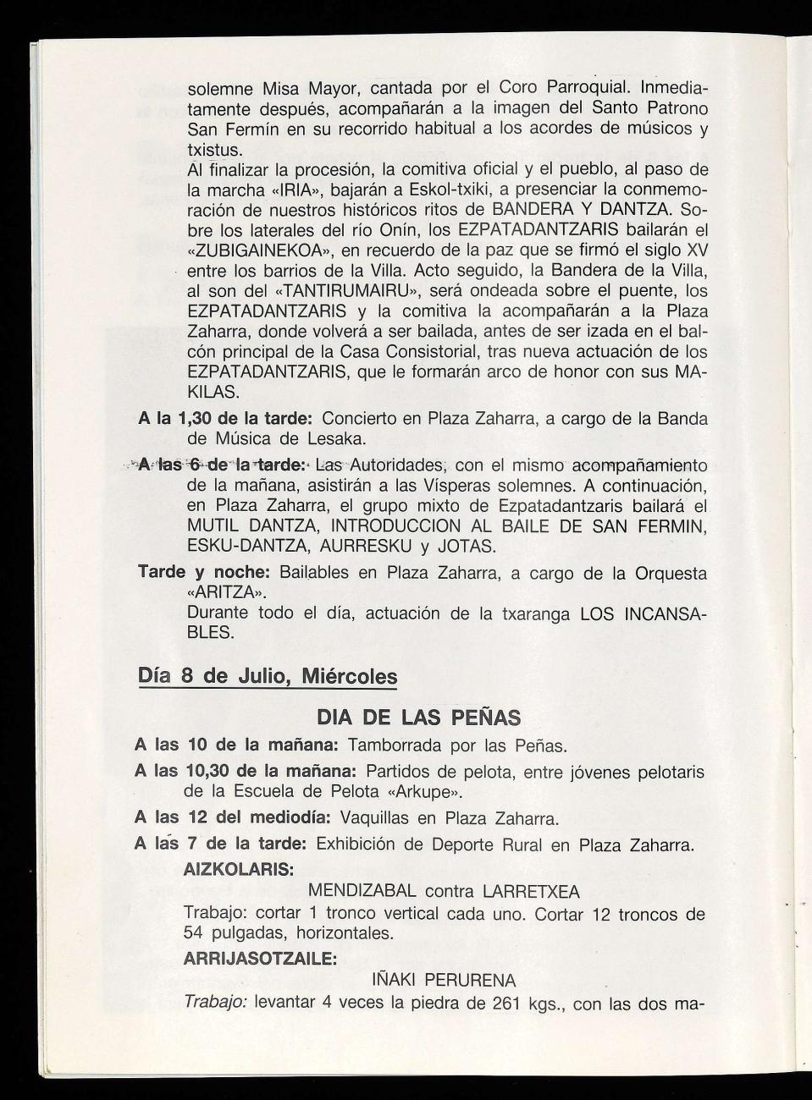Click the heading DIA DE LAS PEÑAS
(418, 718)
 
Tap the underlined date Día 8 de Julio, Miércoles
(267, 677)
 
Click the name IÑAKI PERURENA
(444, 981)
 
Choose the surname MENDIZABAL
(362, 891)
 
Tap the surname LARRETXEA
(531, 891)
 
